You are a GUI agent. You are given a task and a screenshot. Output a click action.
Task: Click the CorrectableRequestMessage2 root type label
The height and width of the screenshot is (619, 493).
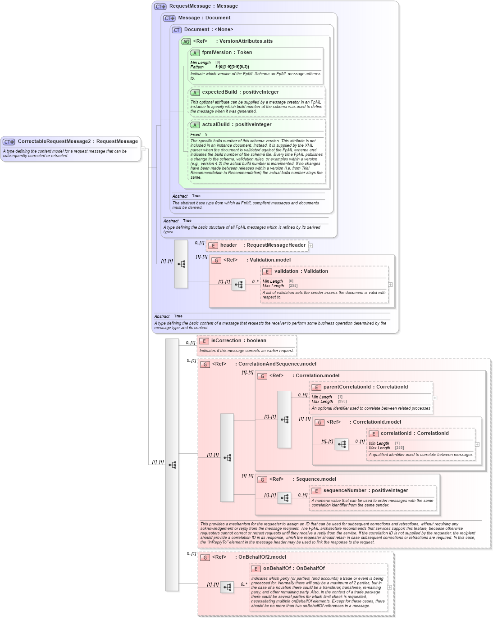(x=78, y=141)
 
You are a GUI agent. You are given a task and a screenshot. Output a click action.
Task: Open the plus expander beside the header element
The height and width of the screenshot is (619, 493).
(x=310, y=246)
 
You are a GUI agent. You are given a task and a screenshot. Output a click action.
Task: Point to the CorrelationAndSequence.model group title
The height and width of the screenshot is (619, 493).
(x=277, y=364)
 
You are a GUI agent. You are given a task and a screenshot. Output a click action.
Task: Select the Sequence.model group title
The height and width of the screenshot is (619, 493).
(x=316, y=479)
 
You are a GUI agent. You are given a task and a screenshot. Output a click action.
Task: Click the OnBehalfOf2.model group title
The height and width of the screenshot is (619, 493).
(x=262, y=557)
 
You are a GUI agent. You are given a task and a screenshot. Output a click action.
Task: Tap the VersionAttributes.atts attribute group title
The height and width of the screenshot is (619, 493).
(x=246, y=41)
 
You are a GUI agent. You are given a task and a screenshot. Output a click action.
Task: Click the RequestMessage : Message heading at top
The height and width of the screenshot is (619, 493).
(x=203, y=6)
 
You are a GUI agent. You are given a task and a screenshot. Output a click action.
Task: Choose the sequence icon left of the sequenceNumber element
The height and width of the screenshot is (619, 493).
(x=284, y=498)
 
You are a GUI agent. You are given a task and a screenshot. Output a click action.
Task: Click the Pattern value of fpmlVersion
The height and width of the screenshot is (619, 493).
(x=232, y=67)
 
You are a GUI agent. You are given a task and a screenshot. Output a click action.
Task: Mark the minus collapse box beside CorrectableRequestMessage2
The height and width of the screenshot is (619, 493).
(x=143, y=149)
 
